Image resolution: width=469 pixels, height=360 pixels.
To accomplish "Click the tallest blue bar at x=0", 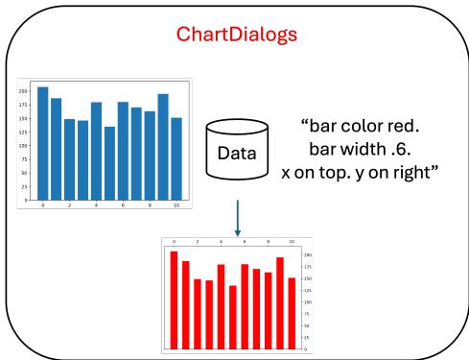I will pos(42,143).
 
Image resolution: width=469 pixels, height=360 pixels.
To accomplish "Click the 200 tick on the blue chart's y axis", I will pos(23,91).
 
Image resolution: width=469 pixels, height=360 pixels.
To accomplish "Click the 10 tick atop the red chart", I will pos(291,241).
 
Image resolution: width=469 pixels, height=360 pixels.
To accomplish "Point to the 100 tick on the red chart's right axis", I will pos(307,302).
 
